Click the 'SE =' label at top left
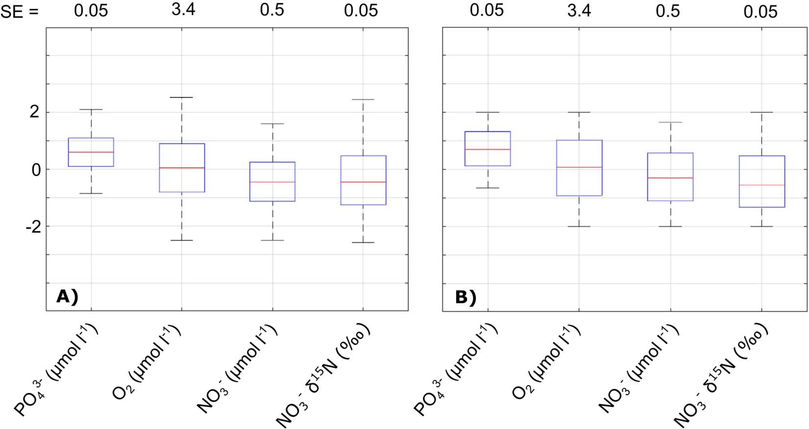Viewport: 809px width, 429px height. pyautogui.click(x=19, y=12)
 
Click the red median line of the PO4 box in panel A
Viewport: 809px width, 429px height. pyautogui.click(x=91, y=152)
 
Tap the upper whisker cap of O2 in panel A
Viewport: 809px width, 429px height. pyautogui.click(x=182, y=97)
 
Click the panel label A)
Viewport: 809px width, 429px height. pyautogui.click(x=67, y=296)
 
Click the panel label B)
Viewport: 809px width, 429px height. pyautogui.click(x=465, y=297)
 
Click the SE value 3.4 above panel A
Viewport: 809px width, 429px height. pyautogui.click(x=183, y=10)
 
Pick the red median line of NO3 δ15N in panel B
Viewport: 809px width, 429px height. pyautogui.click(x=761, y=185)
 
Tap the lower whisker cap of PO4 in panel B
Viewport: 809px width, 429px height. pyautogui.click(x=488, y=188)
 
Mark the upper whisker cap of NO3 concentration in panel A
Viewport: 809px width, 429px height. pyautogui.click(x=272, y=124)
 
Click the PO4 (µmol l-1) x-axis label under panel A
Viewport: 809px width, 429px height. pyautogui.click(x=57, y=370)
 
